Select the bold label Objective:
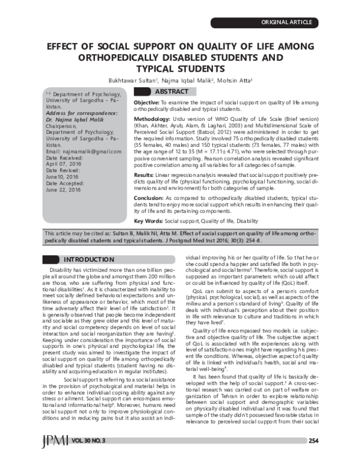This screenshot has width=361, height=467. [147, 104]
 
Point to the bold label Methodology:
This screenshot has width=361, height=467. [151, 120]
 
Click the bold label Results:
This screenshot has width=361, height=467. [144, 173]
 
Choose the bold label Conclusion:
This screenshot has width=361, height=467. [149, 198]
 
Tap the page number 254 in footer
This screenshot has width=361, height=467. [312, 441]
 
